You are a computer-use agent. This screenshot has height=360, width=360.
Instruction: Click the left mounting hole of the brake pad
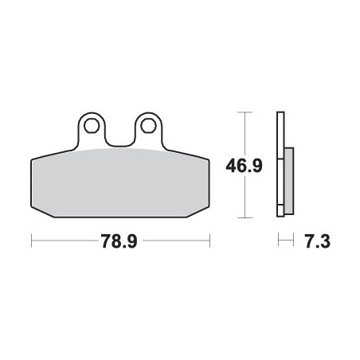(x=92, y=126)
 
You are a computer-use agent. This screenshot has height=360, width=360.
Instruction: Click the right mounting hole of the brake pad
(x=148, y=126)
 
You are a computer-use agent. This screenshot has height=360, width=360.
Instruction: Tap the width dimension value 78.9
(x=119, y=241)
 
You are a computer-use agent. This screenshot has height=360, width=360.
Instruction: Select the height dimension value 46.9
(x=244, y=165)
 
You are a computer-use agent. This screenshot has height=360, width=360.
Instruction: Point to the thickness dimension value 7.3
(x=318, y=241)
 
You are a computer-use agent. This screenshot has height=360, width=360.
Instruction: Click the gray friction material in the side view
(x=289, y=181)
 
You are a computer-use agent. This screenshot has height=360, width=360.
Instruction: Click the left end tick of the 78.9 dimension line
(x=32, y=241)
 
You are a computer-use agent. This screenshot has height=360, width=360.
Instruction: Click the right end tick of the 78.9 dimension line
(x=209, y=241)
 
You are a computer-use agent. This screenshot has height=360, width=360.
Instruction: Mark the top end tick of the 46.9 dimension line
(x=245, y=112)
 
